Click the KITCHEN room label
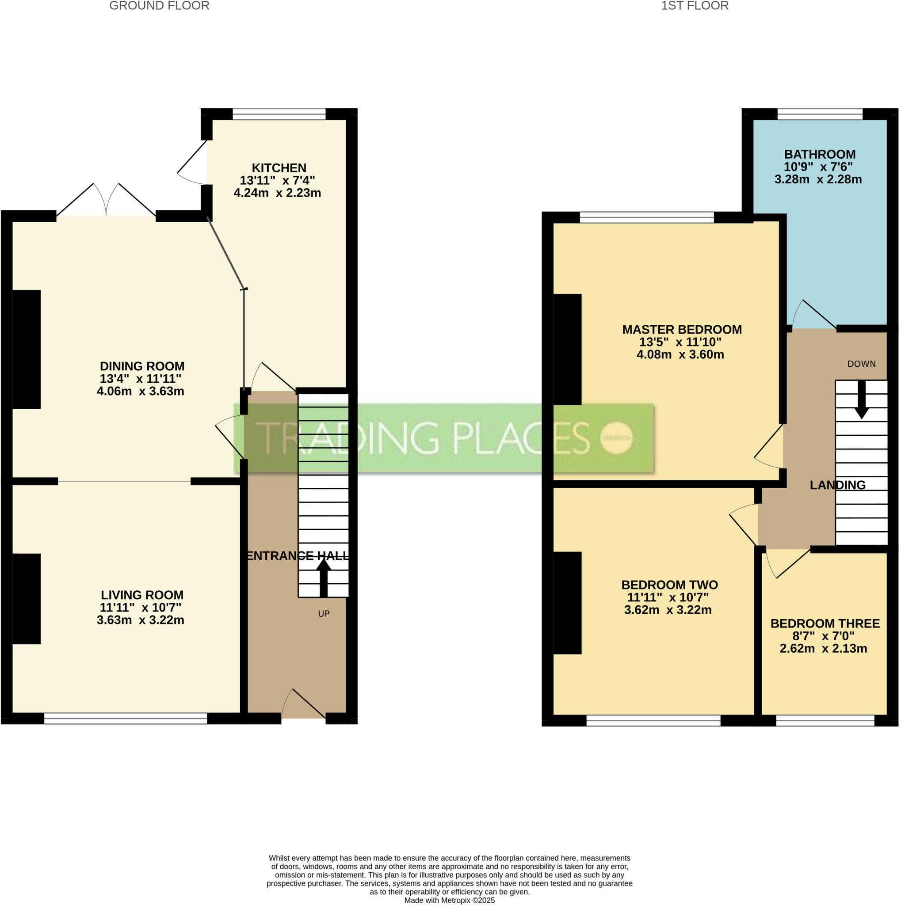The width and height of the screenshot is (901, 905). [279, 167]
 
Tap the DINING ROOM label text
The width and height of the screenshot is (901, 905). [142, 366]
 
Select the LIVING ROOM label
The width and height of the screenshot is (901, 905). [142, 595]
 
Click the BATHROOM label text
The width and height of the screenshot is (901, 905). [820, 154]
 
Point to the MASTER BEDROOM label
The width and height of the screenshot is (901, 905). [682, 329]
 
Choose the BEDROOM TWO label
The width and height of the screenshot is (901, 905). [669, 585]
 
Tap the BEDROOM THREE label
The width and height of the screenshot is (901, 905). [825, 624]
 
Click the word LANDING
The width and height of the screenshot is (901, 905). [838, 485]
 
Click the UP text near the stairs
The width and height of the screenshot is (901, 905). [324, 614]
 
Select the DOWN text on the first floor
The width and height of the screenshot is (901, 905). [861, 364]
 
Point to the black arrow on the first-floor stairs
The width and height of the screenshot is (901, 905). [861, 399]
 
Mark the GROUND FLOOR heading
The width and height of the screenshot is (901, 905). [159, 6]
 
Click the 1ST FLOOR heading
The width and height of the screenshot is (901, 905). [695, 6]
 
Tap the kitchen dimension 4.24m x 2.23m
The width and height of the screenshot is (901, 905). [277, 193]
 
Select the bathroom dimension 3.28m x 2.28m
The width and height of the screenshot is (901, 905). [818, 179]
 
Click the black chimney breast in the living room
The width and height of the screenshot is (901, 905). [26, 599]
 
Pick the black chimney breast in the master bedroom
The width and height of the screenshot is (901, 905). [567, 350]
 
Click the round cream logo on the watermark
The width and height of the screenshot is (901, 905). [617, 437]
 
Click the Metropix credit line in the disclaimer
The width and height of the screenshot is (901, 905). [449, 900]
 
